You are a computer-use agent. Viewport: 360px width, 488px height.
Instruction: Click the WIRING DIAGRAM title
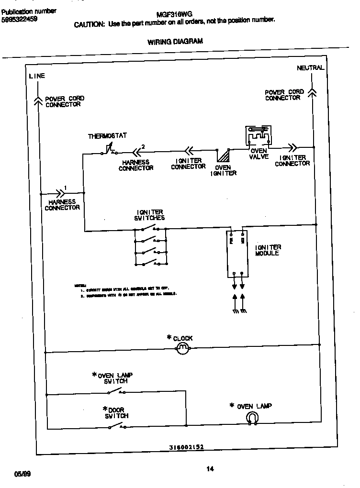click(x=175, y=42)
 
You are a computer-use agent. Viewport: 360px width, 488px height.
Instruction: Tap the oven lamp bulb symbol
click(x=252, y=419)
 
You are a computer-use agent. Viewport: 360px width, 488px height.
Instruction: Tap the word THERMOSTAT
click(x=107, y=136)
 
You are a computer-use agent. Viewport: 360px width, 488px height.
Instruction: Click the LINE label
click(x=37, y=76)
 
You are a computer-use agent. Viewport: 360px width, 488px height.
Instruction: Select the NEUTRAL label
click(x=310, y=68)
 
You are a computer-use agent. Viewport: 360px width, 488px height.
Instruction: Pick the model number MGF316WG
click(x=171, y=15)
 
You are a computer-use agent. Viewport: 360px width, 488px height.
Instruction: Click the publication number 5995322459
click(x=20, y=20)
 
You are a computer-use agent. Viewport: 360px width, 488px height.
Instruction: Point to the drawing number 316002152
click(x=187, y=448)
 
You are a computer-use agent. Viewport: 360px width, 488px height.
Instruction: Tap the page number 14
click(x=210, y=469)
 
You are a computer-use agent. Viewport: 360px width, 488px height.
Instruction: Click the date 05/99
click(x=22, y=474)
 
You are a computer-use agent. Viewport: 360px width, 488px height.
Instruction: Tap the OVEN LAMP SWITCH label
click(x=115, y=378)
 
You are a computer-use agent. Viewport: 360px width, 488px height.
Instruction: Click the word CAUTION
click(x=89, y=25)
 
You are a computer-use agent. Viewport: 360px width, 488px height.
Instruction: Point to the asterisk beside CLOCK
click(x=169, y=338)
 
